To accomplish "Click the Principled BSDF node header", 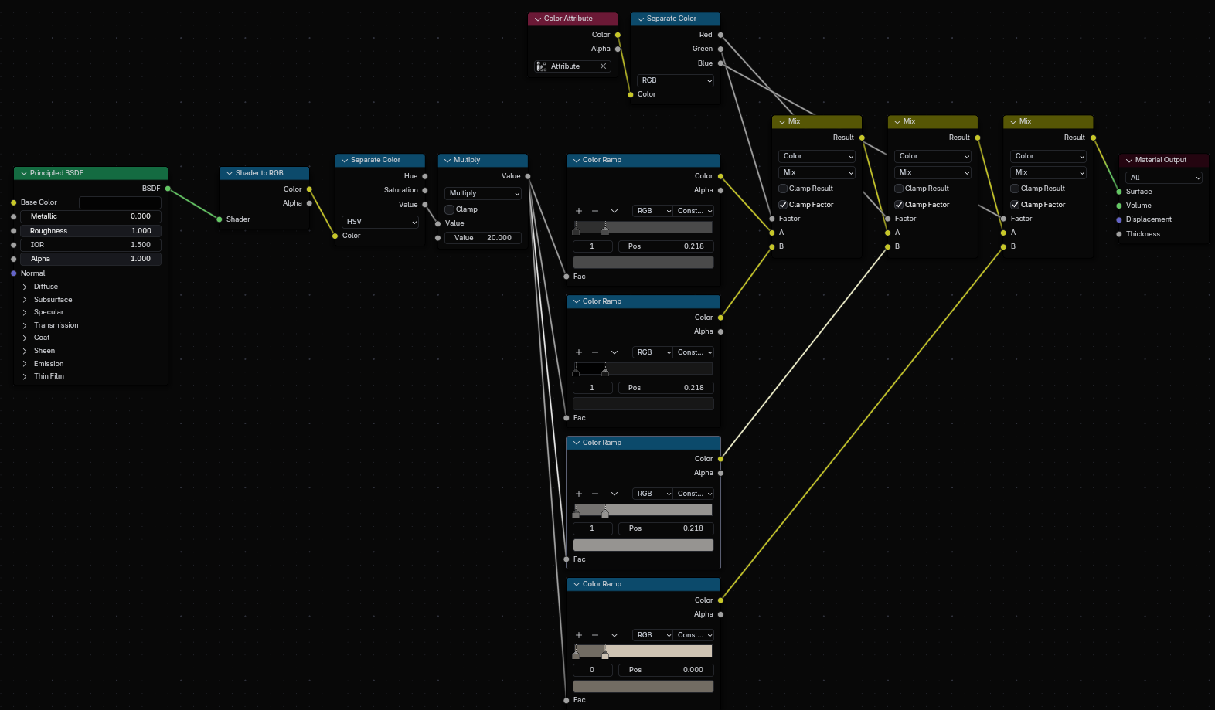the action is coord(90,173).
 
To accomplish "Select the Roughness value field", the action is coord(90,231).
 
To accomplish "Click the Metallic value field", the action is coord(90,216).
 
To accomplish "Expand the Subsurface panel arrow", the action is coord(25,300).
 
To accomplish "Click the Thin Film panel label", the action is coord(49,376).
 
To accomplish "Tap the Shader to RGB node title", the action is coord(259,173).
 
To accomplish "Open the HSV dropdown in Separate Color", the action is coord(379,222).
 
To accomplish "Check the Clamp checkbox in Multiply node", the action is coord(449,209).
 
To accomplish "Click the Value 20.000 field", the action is coord(483,238).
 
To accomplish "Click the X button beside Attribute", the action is coord(603,66).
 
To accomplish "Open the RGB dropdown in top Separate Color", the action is coord(676,80).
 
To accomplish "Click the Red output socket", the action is coord(720,35).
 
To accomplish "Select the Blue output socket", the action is coord(720,63).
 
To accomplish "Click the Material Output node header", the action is coord(1163,160).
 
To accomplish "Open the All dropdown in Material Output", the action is coord(1163,178).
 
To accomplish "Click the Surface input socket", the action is coord(1119,192).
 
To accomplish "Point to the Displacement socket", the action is coord(1119,219).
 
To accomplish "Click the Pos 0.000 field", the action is coord(666,670).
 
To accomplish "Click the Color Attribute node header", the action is coord(573,19).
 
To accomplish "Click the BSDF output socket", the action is coord(168,189).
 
